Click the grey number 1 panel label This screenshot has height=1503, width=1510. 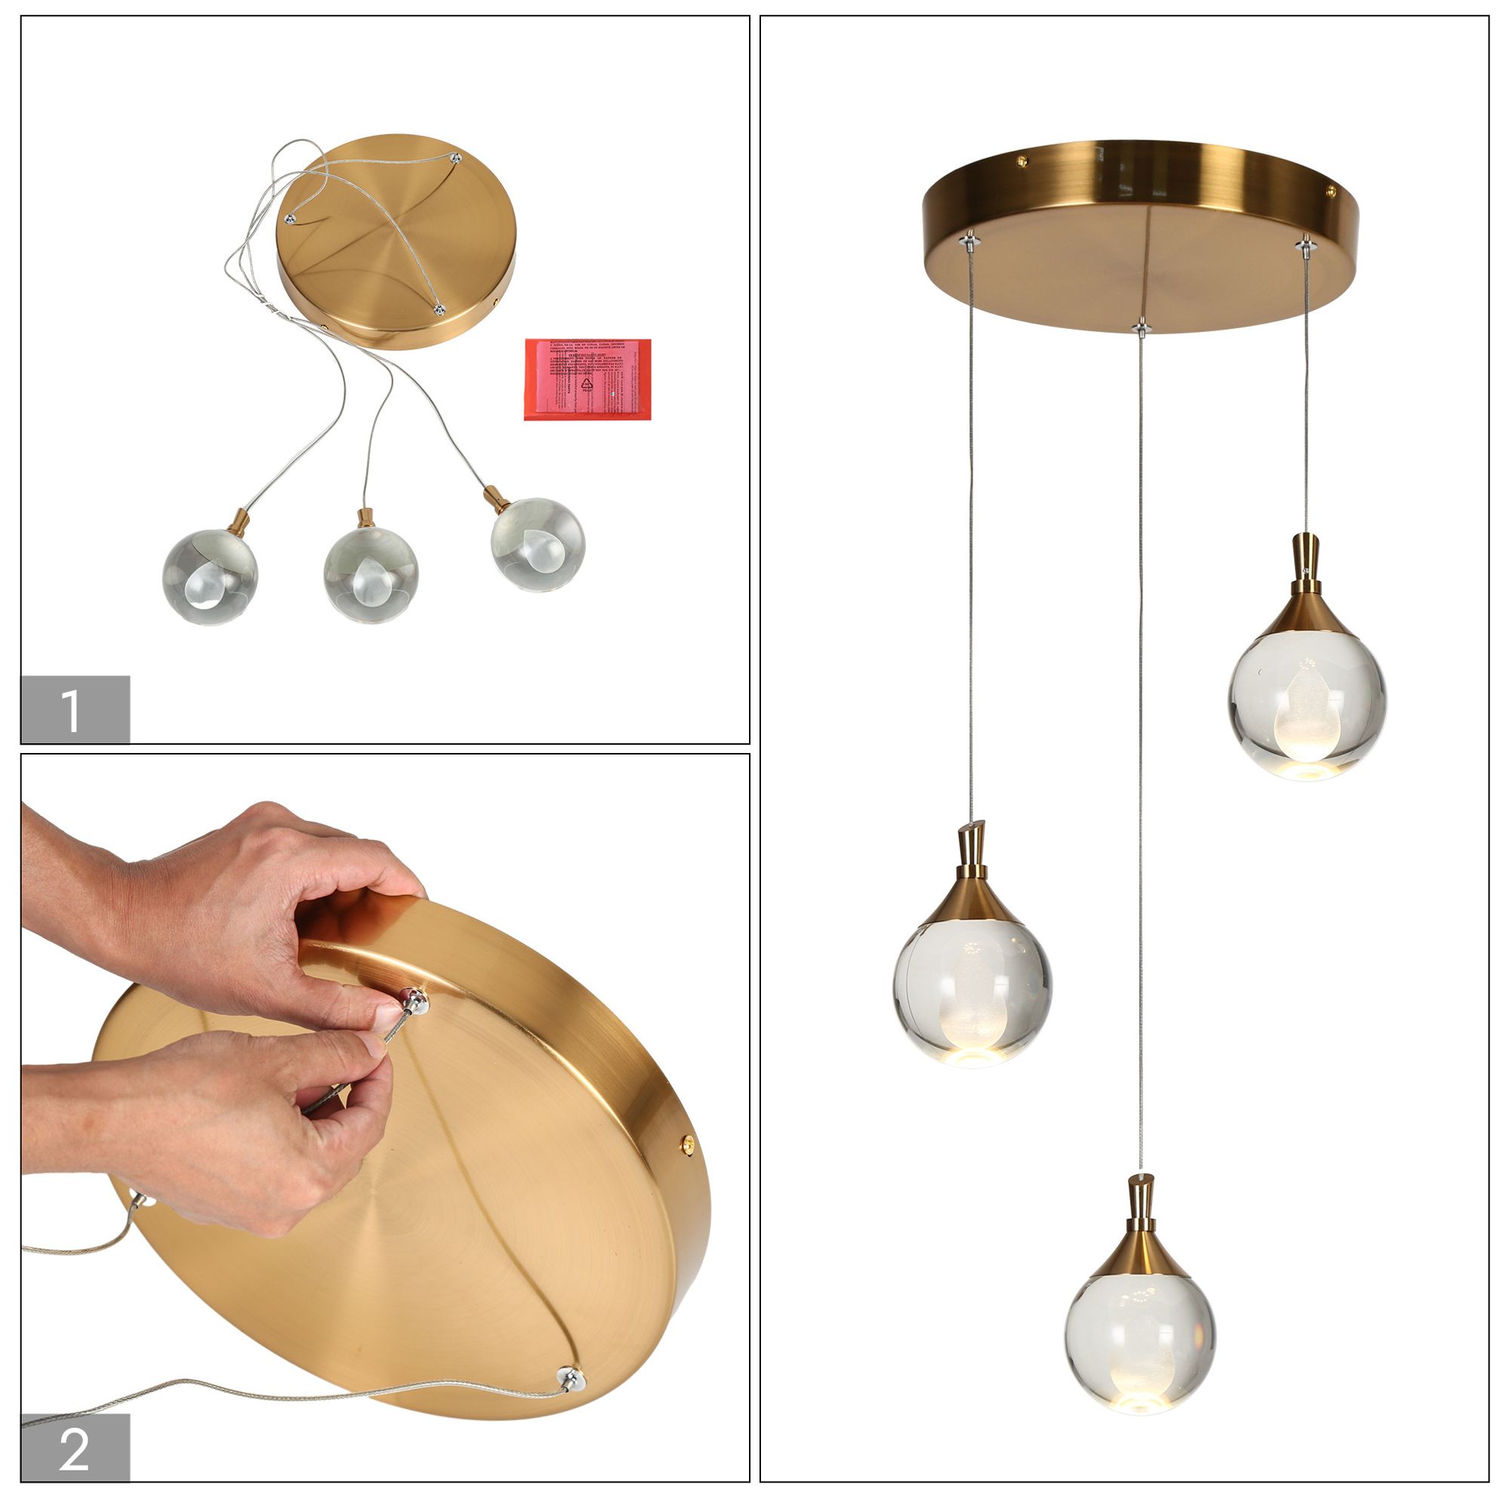[x=75, y=708]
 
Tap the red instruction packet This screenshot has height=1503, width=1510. [x=587, y=379]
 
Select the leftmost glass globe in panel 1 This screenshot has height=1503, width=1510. [x=209, y=576]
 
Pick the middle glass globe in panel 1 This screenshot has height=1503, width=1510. [x=371, y=574]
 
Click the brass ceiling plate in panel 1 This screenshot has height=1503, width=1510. [x=397, y=242]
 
